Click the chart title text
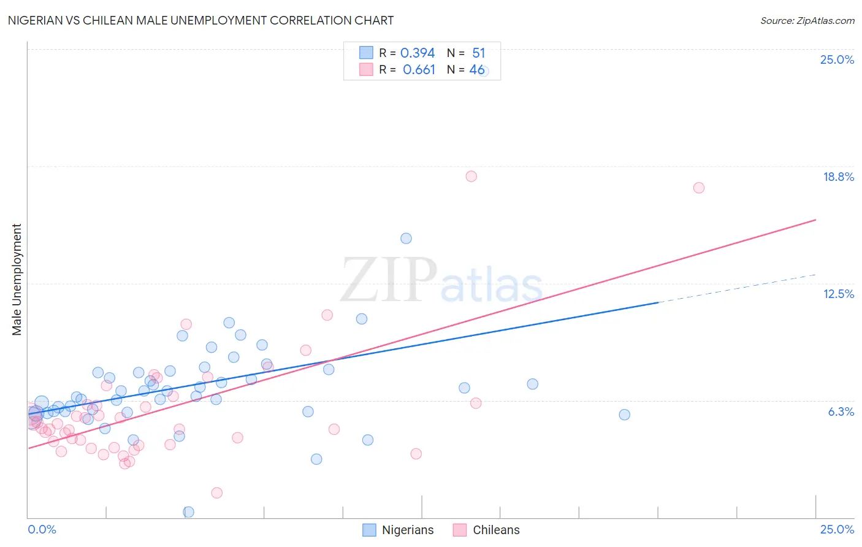[200, 20]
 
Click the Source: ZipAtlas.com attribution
[807, 20]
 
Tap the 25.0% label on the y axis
[837, 59]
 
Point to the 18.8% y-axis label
[838, 177]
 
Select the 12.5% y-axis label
[838, 294]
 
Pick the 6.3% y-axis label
[841, 411]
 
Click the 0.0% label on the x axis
[42, 529]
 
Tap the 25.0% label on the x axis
[837, 529]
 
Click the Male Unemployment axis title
[17, 280]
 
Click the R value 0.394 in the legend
[418, 53]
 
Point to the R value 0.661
[419, 70]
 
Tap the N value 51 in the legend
[478, 53]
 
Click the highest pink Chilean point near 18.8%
[471, 176]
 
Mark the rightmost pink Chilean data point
[698, 188]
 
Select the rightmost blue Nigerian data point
[624, 415]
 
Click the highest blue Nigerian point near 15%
[406, 239]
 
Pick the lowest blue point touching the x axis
[188, 512]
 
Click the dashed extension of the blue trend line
[736, 288]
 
